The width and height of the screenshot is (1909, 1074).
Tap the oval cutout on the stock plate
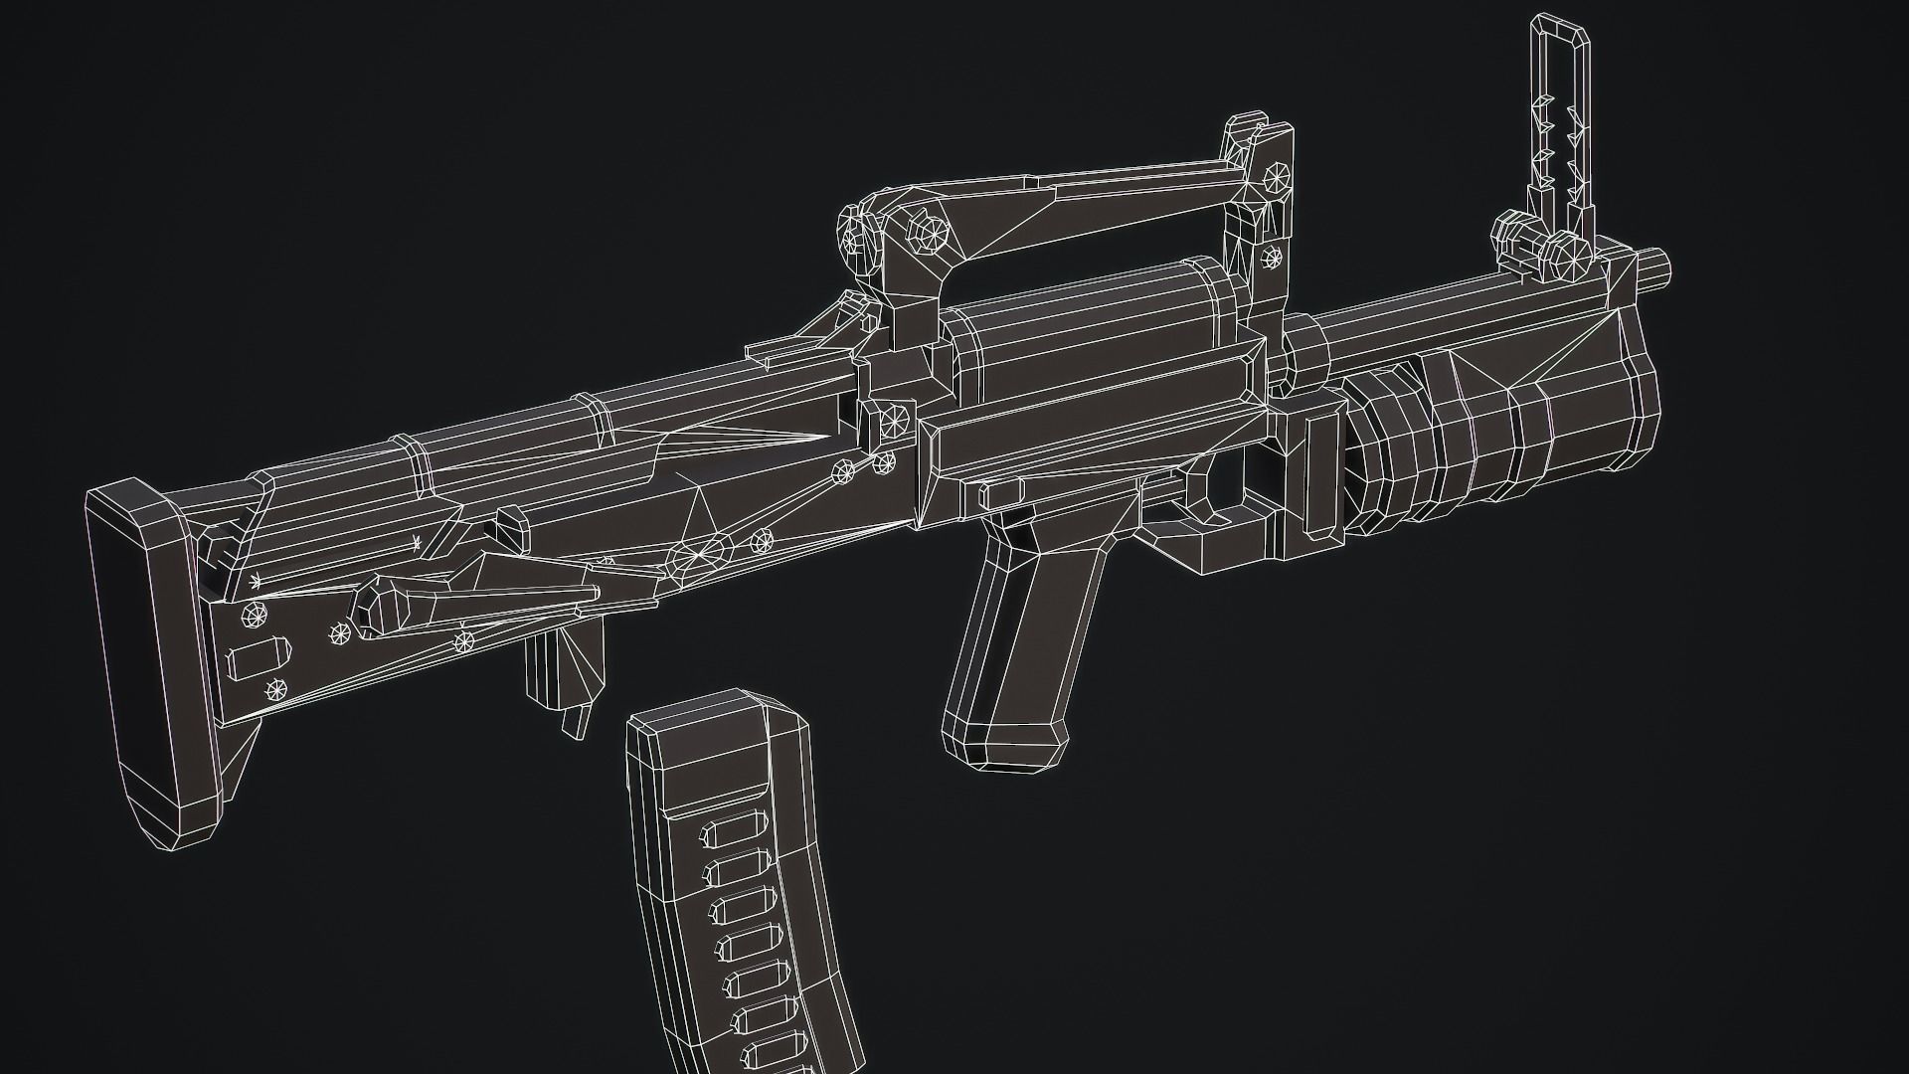tap(260, 658)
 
